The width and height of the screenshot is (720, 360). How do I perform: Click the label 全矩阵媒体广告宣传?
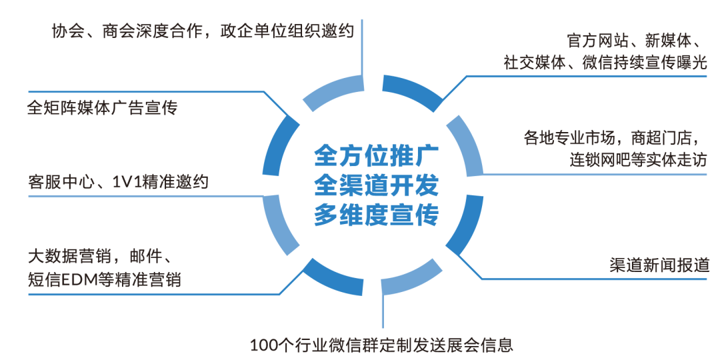point(102,107)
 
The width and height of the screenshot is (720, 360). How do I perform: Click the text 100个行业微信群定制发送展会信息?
point(382,345)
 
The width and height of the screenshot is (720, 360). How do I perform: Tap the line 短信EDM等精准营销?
point(104,279)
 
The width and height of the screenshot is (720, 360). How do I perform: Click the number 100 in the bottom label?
point(263,345)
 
